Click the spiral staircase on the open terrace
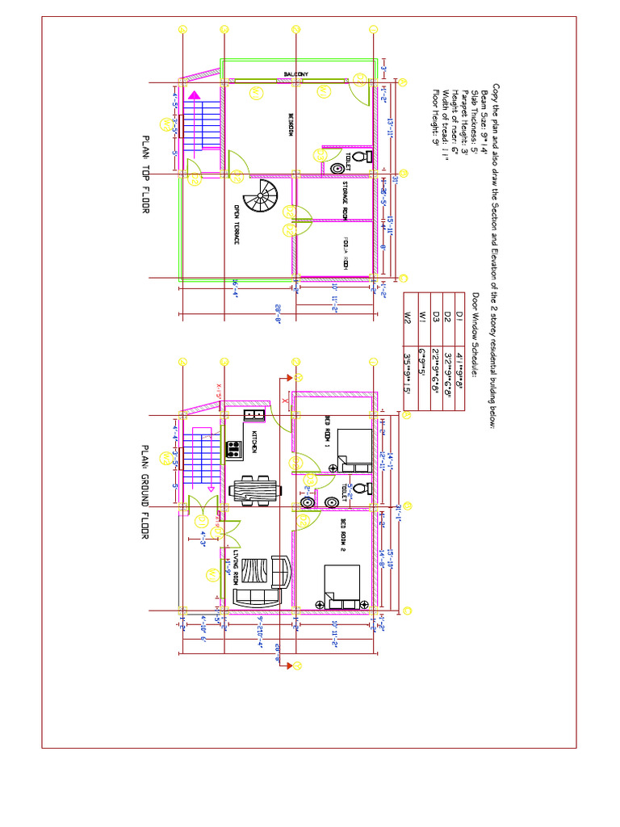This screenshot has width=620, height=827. [x=264, y=195]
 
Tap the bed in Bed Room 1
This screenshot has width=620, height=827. [x=354, y=451]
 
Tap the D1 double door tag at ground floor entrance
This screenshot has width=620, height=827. [x=200, y=521]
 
